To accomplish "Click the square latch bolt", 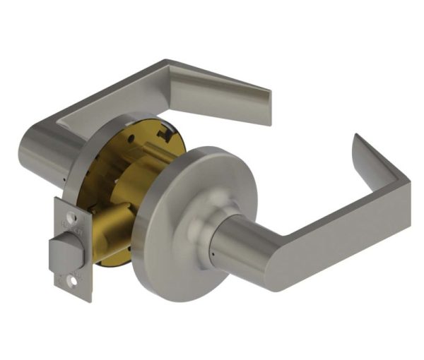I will point(62,248).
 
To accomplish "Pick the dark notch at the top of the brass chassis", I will point(164,133).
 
